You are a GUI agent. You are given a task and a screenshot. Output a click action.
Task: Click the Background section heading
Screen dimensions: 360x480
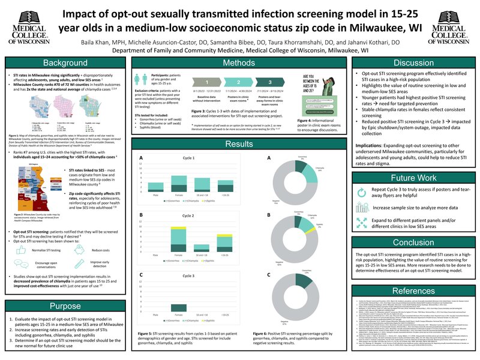[62, 63]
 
